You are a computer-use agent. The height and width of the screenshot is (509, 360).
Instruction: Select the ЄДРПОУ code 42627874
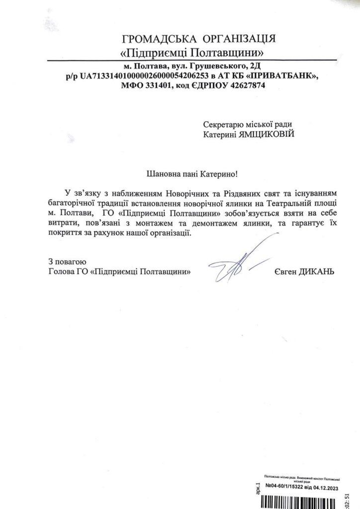click(246, 85)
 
